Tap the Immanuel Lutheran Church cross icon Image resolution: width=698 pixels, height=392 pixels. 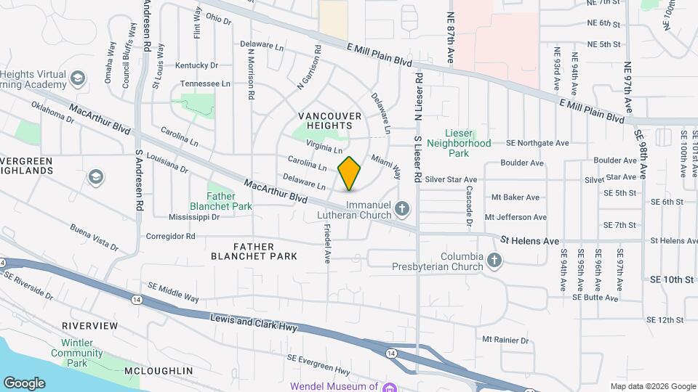pos(402,211)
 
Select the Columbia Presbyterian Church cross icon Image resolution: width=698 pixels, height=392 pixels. pos(494,261)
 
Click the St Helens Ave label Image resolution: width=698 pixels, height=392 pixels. pos(530,240)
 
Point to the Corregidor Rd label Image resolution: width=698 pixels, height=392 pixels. pos(171,236)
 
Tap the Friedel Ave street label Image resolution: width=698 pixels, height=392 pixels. pos(327,243)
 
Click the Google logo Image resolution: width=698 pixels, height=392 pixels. pos(24,383)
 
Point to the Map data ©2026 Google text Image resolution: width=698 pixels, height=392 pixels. pos(653,386)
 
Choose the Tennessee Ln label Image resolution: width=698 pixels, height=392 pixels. pos(205,83)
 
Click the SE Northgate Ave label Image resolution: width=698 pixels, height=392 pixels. pos(537,143)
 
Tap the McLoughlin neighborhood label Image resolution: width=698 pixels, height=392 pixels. pos(159,371)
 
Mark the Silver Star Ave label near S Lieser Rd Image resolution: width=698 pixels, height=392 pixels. pos(451,179)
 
